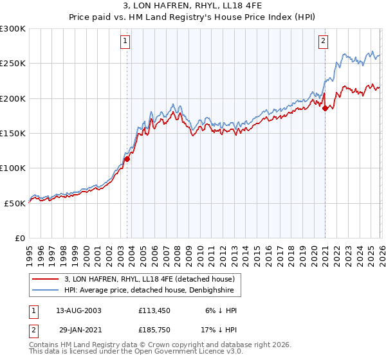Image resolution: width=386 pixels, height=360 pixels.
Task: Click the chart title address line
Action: coord(193,8)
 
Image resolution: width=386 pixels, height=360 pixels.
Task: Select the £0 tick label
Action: coord(20,238)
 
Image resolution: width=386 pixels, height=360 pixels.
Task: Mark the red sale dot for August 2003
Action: coord(127,159)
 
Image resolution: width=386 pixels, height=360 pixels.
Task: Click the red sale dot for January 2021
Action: coord(325,109)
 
